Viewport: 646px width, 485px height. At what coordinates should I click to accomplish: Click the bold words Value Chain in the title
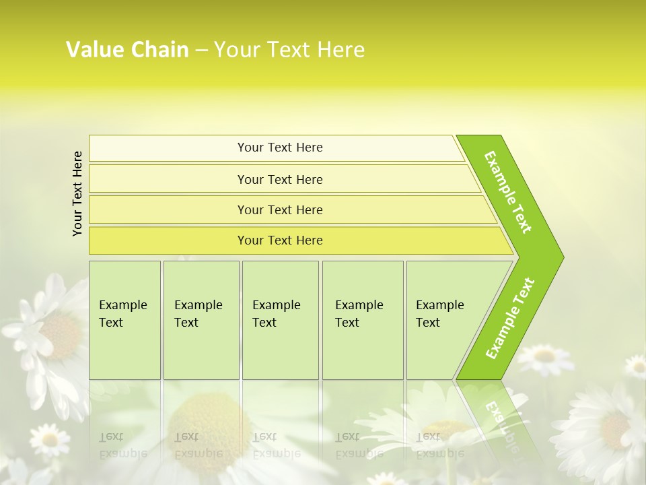[x=127, y=49]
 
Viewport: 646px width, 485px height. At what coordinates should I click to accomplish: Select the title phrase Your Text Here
[x=289, y=49]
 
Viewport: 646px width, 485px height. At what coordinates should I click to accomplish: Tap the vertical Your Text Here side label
[x=77, y=193]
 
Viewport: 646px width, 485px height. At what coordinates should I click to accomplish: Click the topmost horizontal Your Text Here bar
[x=279, y=148]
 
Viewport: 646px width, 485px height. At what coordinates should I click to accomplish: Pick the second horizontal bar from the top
[x=279, y=179]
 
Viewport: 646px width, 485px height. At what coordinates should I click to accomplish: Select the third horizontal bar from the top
[x=279, y=209]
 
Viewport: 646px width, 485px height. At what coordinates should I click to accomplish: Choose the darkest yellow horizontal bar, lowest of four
[x=279, y=240]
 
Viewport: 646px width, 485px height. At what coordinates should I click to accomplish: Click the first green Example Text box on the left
[x=124, y=319]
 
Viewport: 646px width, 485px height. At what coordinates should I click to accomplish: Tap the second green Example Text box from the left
[x=201, y=319]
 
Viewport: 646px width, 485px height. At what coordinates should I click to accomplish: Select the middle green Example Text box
[x=280, y=319]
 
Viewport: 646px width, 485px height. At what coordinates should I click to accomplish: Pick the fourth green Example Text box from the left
[x=362, y=319]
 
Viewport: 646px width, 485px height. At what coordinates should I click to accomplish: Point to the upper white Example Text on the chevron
[x=508, y=192]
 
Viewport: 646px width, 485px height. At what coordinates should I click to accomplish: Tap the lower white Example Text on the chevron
[x=510, y=318]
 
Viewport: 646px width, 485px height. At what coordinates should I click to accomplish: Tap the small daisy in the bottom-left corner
[x=48, y=439]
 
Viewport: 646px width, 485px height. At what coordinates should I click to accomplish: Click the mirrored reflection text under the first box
[x=123, y=445]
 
